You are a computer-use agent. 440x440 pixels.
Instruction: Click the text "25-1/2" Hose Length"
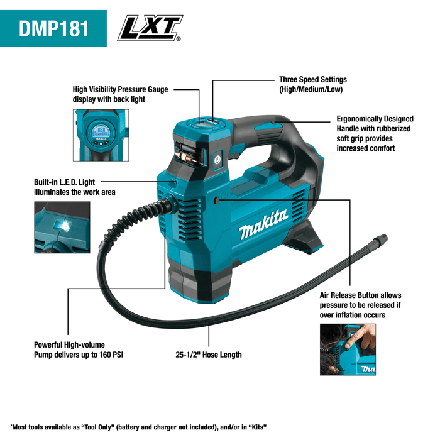coord(209,355)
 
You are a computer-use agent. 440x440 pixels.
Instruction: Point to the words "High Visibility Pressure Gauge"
coord(120,90)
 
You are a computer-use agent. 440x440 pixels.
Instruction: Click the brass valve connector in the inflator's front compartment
coord(184,153)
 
